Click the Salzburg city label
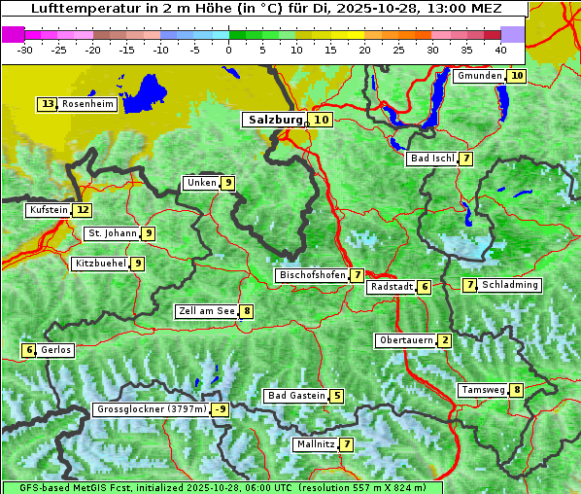click(x=275, y=120)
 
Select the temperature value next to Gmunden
click(x=517, y=76)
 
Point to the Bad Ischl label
click(x=432, y=159)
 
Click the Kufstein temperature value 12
click(x=84, y=210)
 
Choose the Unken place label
click(x=201, y=183)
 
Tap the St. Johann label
click(x=112, y=233)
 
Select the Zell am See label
click(x=207, y=311)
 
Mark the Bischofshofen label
click(x=312, y=275)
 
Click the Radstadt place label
click(x=392, y=287)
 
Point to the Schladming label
click(x=510, y=285)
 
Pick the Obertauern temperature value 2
click(x=444, y=340)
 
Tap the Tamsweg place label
click(x=483, y=390)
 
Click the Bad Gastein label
click(x=297, y=396)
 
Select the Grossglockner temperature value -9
click(x=221, y=409)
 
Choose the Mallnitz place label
click(x=315, y=444)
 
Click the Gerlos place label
click(x=56, y=350)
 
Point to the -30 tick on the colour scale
click(x=25, y=50)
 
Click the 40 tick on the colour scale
click(x=500, y=50)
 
